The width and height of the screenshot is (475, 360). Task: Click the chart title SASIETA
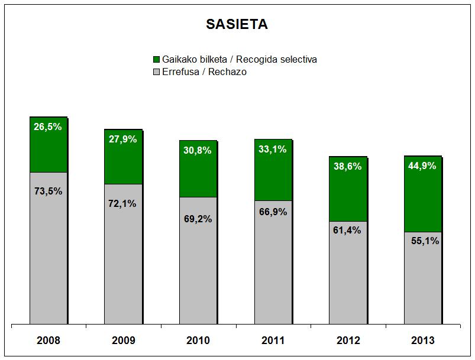(237, 24)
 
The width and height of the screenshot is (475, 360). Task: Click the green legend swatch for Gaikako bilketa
(157, 60)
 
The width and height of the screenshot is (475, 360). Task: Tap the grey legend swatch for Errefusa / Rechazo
(157, 72)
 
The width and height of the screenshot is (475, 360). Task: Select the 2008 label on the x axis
(49, 340)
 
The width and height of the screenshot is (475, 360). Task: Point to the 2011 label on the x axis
(273, 340)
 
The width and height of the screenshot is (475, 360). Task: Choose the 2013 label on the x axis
(422, 340)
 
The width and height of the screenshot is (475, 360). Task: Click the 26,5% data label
(49, 127)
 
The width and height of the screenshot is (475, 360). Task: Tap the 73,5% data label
(49, 191)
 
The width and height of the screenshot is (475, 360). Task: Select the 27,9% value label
(123, 140)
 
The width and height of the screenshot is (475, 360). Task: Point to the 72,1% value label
(123, 203)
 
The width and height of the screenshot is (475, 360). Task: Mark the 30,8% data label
(198, 150)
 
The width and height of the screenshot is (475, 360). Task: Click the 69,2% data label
(198, 219)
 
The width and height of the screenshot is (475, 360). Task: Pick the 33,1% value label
(273, 150)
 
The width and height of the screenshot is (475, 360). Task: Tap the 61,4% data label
(348, 231)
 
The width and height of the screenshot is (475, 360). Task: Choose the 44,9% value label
(422, 166)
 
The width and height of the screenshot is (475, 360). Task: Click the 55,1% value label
(422, 241)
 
